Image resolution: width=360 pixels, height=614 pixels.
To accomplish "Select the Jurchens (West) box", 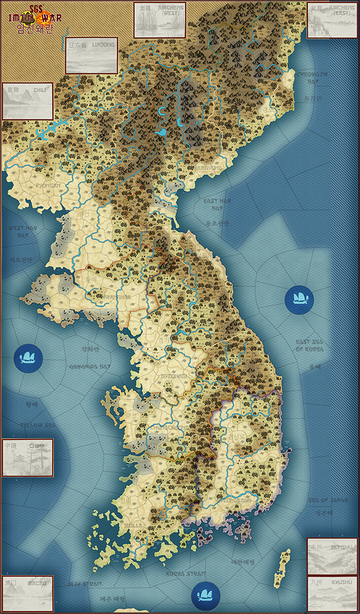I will point(159,20).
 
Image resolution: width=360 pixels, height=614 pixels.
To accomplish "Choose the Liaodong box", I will point(91,55).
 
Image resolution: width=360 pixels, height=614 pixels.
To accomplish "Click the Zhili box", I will point(28,101).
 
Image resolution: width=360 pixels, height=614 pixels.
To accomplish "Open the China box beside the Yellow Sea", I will point(28,458).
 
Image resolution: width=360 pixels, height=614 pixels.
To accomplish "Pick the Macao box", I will point(28,594).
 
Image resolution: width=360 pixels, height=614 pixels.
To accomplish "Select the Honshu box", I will point(332,556).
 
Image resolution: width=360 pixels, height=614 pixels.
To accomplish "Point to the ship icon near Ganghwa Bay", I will point(28,357).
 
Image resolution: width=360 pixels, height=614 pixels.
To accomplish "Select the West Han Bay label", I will point(23,231).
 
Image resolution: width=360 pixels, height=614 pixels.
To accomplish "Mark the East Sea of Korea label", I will point(310,345).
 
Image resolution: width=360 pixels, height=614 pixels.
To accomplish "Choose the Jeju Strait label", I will point(83,583).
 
